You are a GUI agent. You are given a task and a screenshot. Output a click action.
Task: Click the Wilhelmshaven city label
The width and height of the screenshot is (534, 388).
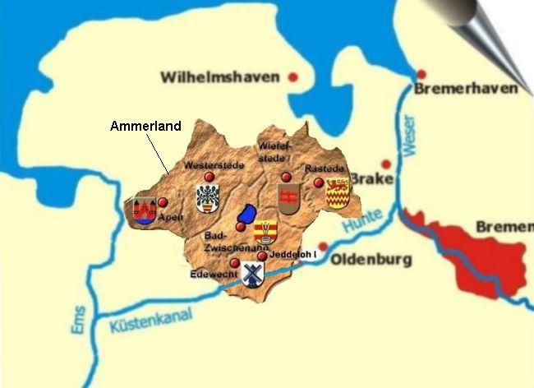pos(220,78)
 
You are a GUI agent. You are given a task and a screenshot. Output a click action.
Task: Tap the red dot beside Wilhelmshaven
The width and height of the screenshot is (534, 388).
pos(292,77)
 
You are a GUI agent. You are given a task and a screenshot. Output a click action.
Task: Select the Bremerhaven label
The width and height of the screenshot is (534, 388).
pos(467,88)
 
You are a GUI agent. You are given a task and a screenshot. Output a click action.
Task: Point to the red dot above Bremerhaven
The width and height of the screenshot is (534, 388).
pos(422,74)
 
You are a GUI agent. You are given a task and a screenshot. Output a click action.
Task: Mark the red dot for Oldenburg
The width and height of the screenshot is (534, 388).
pos(323,246)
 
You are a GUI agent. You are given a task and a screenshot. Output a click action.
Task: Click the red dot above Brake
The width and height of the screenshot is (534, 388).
pos(385,164)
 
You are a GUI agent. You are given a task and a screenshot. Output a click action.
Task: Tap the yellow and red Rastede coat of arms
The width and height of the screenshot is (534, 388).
pos(338,194)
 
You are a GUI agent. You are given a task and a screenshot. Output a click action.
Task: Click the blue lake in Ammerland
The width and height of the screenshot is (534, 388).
pos(245,215)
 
